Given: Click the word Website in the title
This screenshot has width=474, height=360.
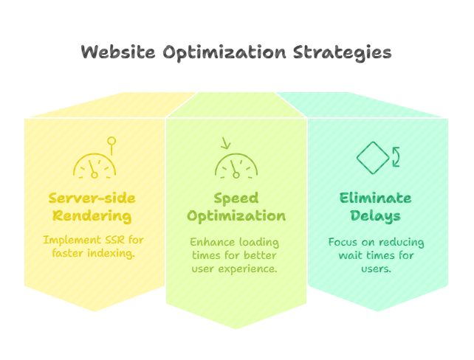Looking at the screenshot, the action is [x=118, y=52].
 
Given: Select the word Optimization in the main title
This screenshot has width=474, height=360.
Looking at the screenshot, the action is [x=224, y=53].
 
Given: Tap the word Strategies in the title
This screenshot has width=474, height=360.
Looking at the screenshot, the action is [x=342, y=53].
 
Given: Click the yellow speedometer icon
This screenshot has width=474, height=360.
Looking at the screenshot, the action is [x=95, y=166].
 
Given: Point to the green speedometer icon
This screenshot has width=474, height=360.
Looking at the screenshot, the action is [x=236, y=166].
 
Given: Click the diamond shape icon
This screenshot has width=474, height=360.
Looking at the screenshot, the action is [x=373, y=158].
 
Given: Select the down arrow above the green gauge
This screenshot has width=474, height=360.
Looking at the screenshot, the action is [x=225, y=143].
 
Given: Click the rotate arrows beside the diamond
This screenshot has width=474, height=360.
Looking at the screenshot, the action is [x=396, y=156].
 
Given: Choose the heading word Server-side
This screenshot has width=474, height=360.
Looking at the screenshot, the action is [x=92, y=198].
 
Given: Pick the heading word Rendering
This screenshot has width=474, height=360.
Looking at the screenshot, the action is [x=92, y=216].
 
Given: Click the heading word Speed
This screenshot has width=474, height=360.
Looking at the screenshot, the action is [x=236, y=198].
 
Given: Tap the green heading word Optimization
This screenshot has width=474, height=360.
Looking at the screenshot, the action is [x=236, y=217].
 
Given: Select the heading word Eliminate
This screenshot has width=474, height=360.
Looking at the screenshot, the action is [x=375, y=198].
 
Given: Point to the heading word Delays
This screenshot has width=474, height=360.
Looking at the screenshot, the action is [x=375, y=216].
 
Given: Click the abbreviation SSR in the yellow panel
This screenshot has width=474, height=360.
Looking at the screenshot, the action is [x=115, y=240].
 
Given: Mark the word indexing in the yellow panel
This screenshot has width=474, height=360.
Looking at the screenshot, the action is [x=111, y=253].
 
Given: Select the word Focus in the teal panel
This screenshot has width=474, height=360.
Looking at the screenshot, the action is [x=343, y=242].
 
